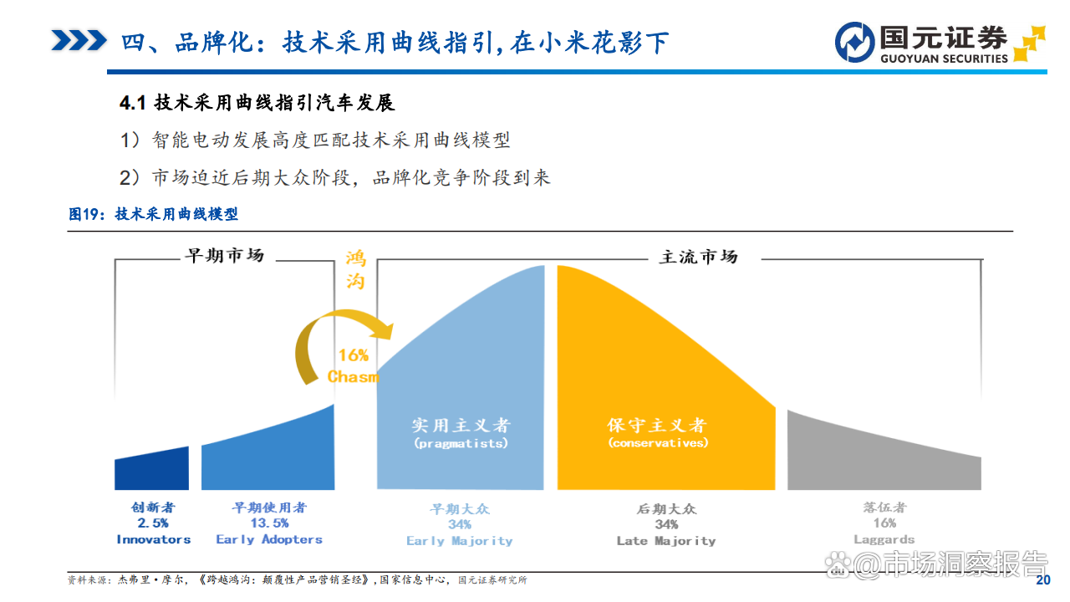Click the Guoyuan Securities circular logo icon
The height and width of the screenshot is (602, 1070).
[854, 42]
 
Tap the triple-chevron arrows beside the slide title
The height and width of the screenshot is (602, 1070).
[79, 40]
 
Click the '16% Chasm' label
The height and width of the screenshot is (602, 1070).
[354, 366]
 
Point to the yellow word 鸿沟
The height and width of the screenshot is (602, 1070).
[355, 269]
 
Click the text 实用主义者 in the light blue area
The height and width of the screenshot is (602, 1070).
[461, 425]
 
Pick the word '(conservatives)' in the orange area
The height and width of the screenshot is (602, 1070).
[658, 443]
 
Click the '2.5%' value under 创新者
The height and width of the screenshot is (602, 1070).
[153, 523]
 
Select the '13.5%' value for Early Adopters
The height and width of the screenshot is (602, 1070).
[268, 523]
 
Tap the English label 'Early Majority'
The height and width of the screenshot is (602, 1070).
[459, 541]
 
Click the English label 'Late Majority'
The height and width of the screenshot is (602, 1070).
[665, 541]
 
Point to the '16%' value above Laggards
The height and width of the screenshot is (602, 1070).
[884, 523]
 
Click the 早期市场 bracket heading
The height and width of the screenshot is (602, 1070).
[224, 256]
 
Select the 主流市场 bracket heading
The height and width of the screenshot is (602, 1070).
[698, 257]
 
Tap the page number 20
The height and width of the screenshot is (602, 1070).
[1042, 581]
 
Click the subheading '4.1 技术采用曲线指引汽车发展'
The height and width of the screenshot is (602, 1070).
[257, 104]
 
